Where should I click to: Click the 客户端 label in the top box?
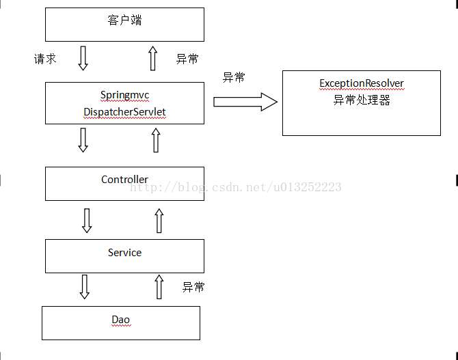click(x=124, y=20)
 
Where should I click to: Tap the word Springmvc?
click(x=124, y=95)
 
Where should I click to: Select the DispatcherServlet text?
click(x=124, y=111)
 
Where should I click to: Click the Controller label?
click(x=124, y=180)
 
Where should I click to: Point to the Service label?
click(x=124, y=253)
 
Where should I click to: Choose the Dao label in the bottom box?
click(x=120, y=320)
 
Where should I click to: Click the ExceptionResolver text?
click(x=362, y=83)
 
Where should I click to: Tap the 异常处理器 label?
click(x=362, y=100)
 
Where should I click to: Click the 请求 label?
click(x=45, y=59)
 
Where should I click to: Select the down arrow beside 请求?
click(x=83, y=58)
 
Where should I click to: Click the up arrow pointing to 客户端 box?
click(x=153, y=58)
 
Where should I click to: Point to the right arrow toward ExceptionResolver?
click(x=245, y=102)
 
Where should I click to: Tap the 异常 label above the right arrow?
click(x=234, y=77)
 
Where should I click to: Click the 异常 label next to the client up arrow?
click(x=187, y=59)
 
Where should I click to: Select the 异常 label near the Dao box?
click(x=193, y=287)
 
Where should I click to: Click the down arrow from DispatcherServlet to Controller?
click(x=83, y=140)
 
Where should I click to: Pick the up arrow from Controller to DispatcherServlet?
click(x=155, y=140)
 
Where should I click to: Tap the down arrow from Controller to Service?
click(x=87, y=220)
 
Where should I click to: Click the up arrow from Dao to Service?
click(x=159, y=287)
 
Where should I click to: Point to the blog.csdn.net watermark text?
click(x=236, y=187)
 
